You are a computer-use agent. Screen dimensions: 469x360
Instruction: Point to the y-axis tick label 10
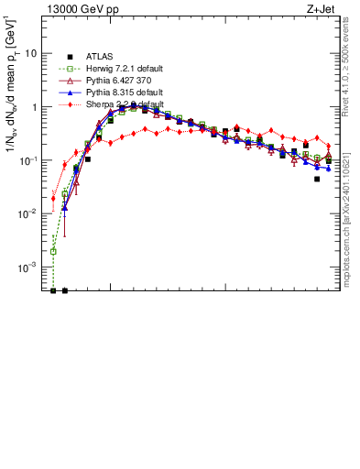[31, 54]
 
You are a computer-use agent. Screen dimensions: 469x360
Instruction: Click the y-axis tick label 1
[35, 107]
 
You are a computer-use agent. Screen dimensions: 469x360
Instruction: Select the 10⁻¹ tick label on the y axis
[29, 160]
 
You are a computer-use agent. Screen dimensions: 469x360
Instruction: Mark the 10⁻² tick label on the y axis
[29, 213]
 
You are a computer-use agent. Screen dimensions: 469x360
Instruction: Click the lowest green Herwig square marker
[53, 251]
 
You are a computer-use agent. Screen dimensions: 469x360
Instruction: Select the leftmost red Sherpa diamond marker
[53, 198]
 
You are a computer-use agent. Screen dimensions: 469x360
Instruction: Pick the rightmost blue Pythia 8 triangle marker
[328, 169]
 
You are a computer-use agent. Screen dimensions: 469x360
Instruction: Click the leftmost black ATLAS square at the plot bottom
[53, 290]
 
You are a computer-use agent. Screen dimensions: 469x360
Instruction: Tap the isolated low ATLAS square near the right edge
[317, 179]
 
